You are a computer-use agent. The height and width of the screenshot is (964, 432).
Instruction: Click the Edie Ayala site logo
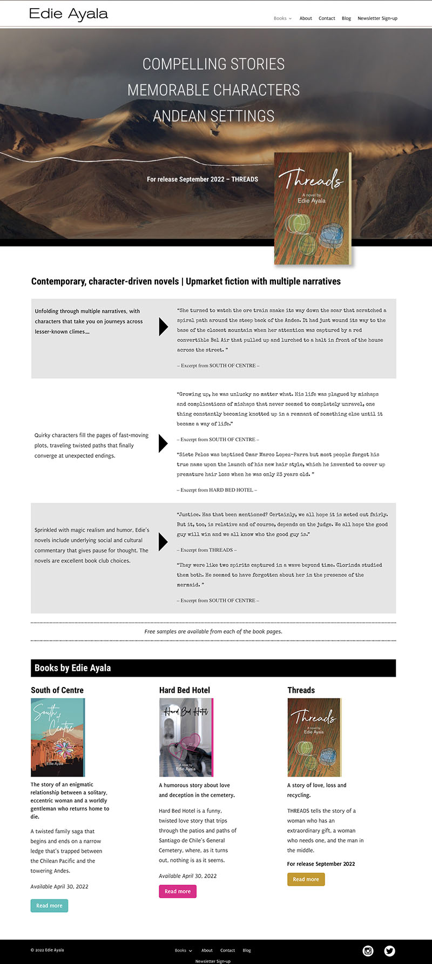[x=69, y=14]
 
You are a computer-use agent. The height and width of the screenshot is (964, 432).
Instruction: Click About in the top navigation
[x=306, y=18]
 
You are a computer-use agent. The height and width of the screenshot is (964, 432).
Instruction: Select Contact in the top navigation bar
[x=327, y=18]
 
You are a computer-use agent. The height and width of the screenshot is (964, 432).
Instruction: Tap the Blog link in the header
[x=346, y=18]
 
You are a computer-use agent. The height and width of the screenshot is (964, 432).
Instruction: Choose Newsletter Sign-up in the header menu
[x=377, y=18]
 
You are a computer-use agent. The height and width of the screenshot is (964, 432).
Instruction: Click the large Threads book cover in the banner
[x=313, y=208]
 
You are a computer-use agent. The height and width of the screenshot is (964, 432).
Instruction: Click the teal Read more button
[x=49, y=906]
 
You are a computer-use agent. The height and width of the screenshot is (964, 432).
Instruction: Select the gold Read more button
[x=306, y=879]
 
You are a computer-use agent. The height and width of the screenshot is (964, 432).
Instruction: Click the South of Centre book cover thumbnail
[x=58, y=737]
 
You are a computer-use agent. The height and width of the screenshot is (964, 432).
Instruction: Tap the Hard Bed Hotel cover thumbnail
[x=186, y=737]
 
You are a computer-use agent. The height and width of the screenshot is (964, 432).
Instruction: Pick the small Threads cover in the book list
[x=314, y=737]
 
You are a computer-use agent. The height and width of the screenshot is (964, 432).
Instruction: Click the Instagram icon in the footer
[x=368, y=951]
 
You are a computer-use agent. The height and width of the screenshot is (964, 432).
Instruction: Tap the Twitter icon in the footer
[x=389, y=951]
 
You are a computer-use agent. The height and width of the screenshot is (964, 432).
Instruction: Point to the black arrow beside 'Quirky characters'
[x=163, y=443]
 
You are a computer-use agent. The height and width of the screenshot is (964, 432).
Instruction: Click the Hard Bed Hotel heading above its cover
[x=185, y=690]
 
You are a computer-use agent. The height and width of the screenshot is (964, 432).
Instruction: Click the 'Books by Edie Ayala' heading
[x=73, y=668]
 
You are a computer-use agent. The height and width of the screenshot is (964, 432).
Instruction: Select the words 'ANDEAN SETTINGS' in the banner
[x=214, y=116]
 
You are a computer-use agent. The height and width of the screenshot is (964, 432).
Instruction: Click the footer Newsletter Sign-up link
[x=213, y=961]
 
